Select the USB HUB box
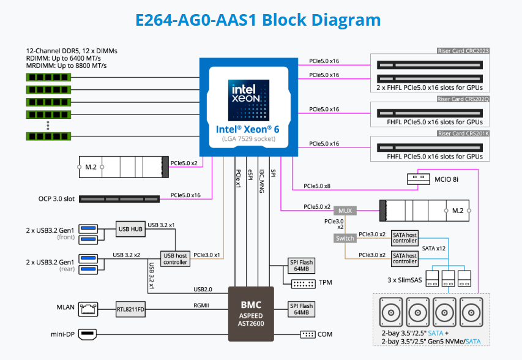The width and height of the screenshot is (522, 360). point(130,230)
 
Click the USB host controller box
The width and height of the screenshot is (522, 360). point(175,258)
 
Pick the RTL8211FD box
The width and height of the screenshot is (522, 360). point(131,309)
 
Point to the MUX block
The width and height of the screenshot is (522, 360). point(346,210)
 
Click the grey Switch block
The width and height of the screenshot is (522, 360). point(345,238)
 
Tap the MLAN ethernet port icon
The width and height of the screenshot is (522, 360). point(89,309)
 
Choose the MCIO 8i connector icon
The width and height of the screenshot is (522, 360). point(423,178)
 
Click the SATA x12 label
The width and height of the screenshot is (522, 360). point(434,249)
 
